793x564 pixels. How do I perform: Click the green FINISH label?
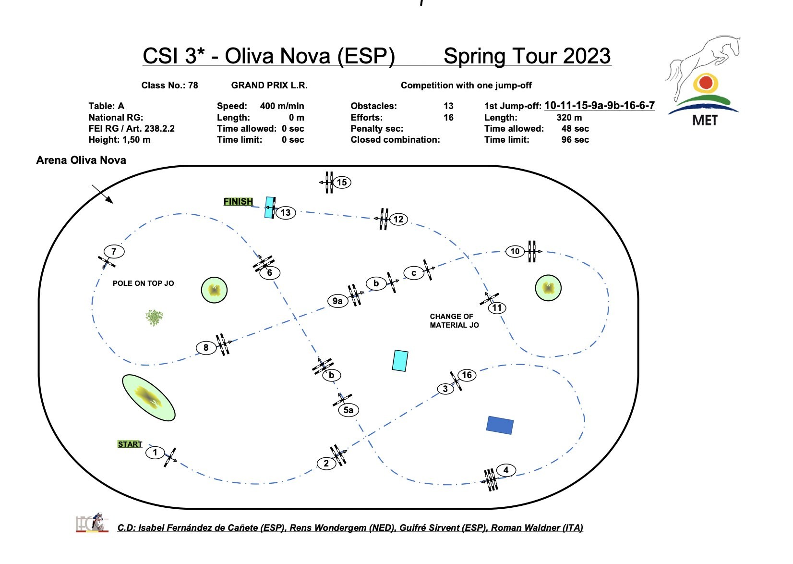[x=238, y=202]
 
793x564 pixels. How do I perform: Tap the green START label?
[x=130, y=444]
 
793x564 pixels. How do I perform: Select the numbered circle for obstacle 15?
[x=342, y=183]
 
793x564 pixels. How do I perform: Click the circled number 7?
[x=114, y=251]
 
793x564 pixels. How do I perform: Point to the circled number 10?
[x=515, y=251]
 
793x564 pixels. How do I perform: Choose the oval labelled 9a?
[x=337, y=301]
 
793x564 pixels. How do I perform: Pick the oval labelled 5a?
[x=348, y=410]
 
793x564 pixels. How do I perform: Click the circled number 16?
[x=467, y=375]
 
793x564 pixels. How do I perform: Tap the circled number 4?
[x=506, y=470]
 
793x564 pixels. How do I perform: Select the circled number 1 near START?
[x=155, y=453]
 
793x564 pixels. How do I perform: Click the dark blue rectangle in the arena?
[x=500, y=425]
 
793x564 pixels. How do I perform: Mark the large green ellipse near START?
[x=148, y=397]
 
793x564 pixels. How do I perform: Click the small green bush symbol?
[x=154, y=318]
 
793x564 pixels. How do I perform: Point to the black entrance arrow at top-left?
[x=103, y=194]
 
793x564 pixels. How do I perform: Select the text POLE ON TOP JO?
[x=143, y=283]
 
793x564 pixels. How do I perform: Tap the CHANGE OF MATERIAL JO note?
[x=454, y=321]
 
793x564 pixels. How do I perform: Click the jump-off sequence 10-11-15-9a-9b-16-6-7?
[x=599, y=106]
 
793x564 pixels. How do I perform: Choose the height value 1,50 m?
[x=136, y=140]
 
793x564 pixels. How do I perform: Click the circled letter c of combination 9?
[x=413, y=273]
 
